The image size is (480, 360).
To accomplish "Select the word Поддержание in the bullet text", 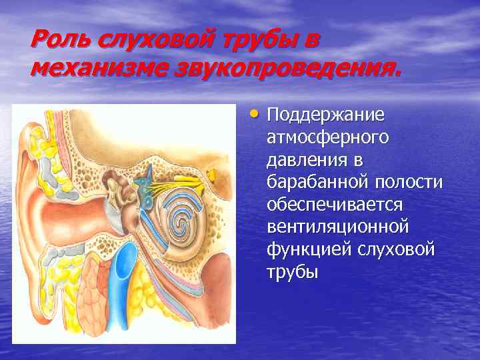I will point(325,115).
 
